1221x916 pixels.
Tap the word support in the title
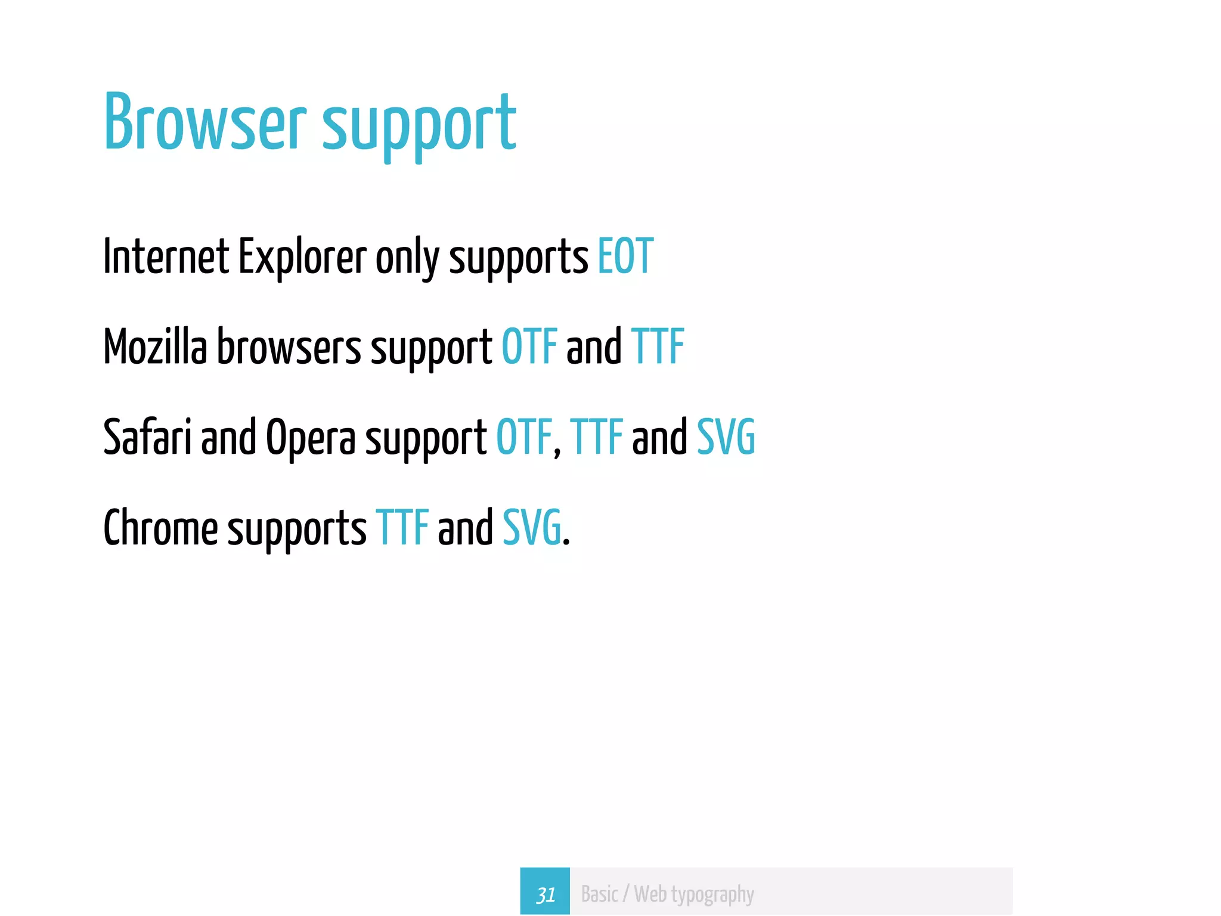pyautogui.click(x=419, y=126)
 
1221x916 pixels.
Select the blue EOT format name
pyautogui.click(x=625, y=256)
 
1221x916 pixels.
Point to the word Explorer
pyautogui.click(x=302, y=258)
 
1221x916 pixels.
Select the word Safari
pyautogui.click(x=147, y=437)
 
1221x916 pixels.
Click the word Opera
pyautogui.click(x=311, y=438)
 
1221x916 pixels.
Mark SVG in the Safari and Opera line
pyautogui.click(x=726, y=437)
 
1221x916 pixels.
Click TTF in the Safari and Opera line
pyautogui.click(x=596, y=437)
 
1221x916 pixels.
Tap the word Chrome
pyautogui.click(x=160, y=528)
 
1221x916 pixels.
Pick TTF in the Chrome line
pyautogui.click(x=402, y=528)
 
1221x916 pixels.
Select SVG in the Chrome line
pyautogui.click(x=532, y=528)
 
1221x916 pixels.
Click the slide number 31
pyautogui.click(x=545, y=895)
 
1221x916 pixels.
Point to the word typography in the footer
pyautogui.click(x=712, y=895)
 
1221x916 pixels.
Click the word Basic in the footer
pyautogui.click(x=600, y=895)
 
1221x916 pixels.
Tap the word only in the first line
pyautogui.click(x=407, y=258)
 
